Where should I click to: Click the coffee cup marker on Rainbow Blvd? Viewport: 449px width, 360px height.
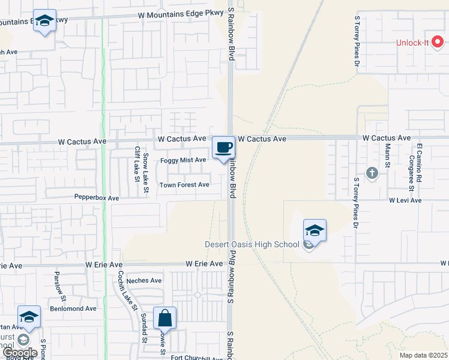click(x=224, y=147)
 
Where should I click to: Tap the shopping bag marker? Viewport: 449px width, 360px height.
click(x=164, y=318)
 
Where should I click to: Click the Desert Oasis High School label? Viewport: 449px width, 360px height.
click(x=252, y=244)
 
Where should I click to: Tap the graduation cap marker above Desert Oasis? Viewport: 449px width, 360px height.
click(x=315, y=230)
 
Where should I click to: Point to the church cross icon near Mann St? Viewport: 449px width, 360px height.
click(x=372, y=173)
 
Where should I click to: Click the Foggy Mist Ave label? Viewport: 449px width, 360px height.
click(x=183, y=160)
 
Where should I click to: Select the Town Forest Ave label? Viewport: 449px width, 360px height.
click(x=184, y=185)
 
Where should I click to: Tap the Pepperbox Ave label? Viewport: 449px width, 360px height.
click(x=97, y=197)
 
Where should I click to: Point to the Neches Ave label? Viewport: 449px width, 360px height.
click(x=144, y=280)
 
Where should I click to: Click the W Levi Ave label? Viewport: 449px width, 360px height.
click(x=405, y=200)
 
